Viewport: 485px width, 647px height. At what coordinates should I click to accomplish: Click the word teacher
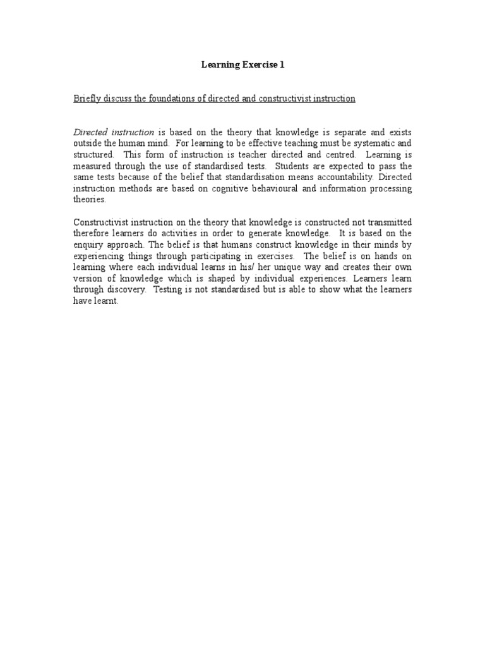256,155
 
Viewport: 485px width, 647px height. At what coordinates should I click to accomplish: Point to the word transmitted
387,222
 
